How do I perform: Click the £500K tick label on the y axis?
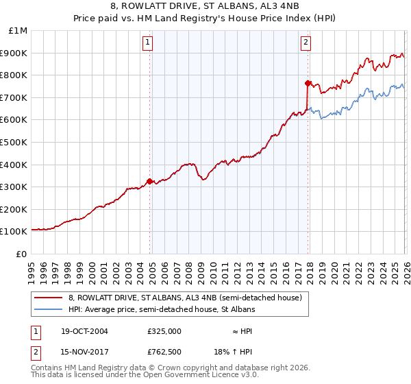coord(14,142)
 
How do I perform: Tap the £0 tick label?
coord(22,254)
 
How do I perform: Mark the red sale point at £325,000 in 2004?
coord(150,182)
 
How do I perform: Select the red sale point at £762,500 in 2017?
coord(308,84)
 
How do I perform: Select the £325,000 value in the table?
coord(164,331)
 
